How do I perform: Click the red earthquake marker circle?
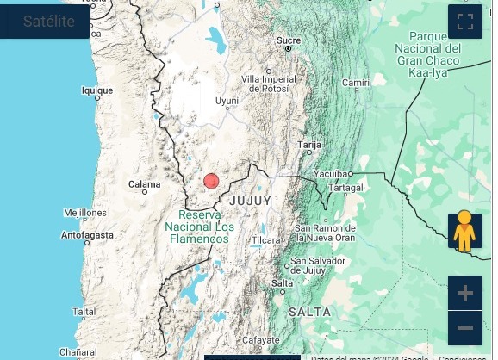pos(211,181)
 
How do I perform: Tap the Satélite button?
pos(48,22)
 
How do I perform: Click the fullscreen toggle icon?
pos(464,22)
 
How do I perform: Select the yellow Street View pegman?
pos(464,231)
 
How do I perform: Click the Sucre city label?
pos(289,40)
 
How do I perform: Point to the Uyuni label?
pos(227,101)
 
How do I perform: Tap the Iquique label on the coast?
pos(96,90)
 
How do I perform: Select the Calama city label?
pos(144,184)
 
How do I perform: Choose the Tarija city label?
pos(308,146)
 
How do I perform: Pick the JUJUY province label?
pos(251,201)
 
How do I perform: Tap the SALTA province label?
pos(309,311)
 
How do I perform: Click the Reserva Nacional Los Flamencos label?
pos(200,226)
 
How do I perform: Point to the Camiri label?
pos(356,83)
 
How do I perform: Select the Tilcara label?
pos(266,239)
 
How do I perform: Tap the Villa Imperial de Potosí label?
pos(269,84)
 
